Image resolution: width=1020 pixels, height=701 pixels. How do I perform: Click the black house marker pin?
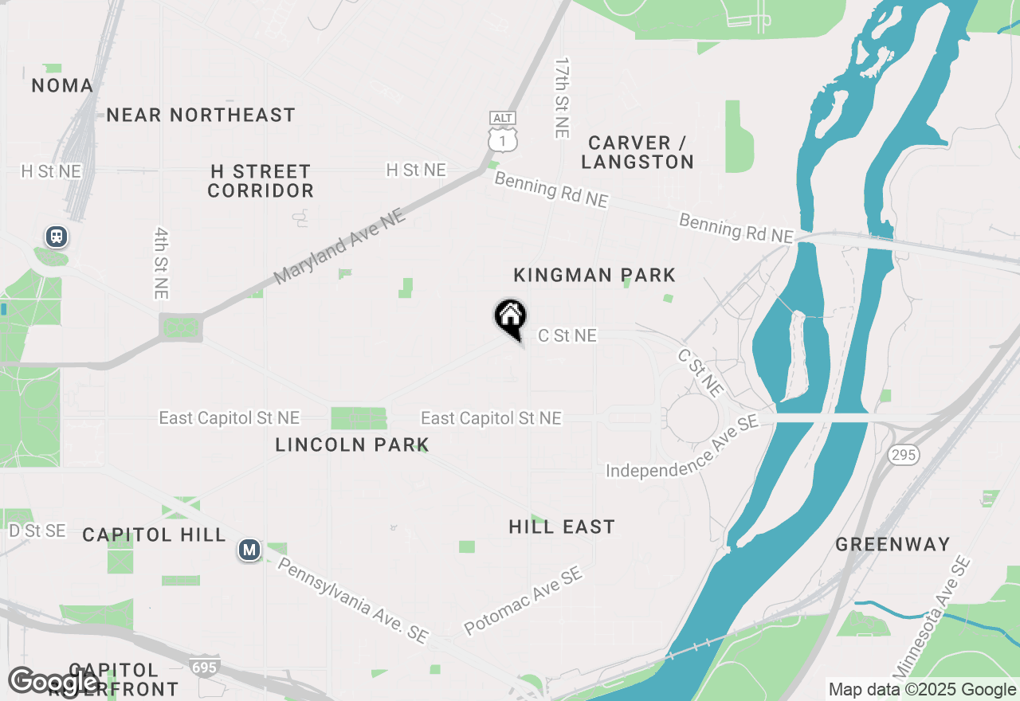point(510,316)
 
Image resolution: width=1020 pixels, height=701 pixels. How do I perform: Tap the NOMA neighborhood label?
point(62,85)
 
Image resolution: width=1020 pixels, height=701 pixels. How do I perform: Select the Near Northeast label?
point(201,116)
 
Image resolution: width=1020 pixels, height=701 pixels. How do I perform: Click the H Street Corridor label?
point(261,182)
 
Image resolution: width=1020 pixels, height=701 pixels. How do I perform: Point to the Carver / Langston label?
point(637,152)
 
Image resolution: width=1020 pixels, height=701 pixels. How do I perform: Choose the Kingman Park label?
point(594,276)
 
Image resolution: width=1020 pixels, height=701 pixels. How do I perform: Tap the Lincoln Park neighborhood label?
point(352,444)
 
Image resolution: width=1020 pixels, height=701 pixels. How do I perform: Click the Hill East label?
point(562,527)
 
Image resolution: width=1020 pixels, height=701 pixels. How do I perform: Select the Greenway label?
point(892,545)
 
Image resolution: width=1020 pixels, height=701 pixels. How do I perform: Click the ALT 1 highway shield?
point(503,132)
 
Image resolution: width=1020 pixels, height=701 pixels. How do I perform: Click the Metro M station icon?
point(249,550)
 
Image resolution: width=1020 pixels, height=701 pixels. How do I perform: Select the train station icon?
point(56,237)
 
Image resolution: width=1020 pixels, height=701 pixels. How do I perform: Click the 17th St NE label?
point(562,97)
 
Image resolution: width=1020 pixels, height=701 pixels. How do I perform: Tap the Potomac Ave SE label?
point(523,601)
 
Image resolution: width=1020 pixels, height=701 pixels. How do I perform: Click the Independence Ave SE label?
point(682,447)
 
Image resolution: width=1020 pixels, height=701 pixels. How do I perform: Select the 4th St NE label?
point(162,263)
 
